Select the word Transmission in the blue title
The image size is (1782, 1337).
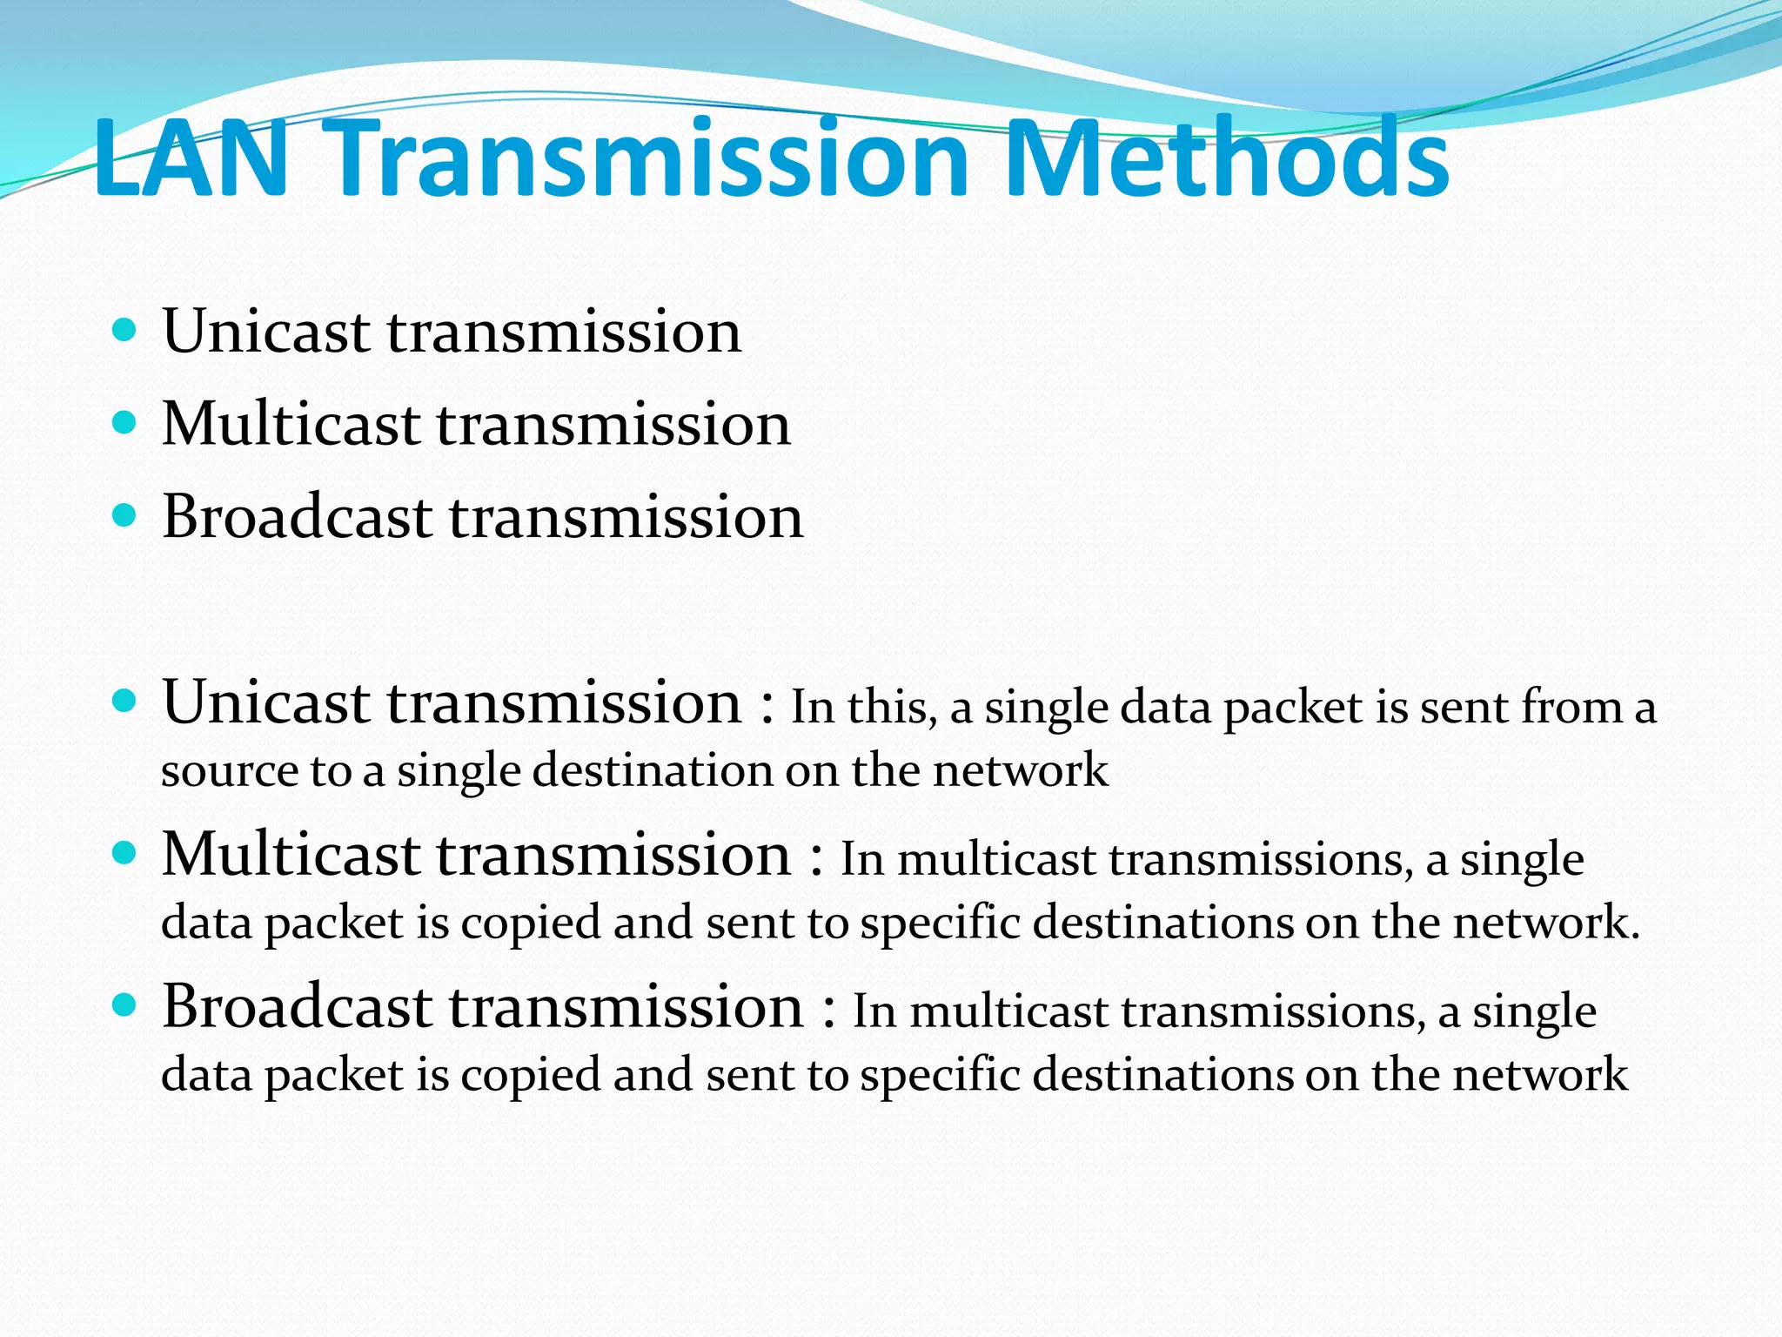[650, 158]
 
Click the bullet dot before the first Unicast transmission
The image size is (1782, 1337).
[125, 330]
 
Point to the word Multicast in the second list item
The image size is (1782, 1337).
[291, 424]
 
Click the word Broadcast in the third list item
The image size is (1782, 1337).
[297, 517]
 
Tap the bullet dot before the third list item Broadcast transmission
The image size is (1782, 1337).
[125, 515]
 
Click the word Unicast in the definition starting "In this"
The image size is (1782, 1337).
[266, 702]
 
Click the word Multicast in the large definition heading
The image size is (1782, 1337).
[291, 854]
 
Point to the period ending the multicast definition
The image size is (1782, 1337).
[1634, 937]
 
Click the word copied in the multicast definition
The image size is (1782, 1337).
[530, 924]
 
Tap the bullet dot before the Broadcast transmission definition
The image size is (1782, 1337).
[125, 1005]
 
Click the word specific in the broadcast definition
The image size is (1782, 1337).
[940, 1076]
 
